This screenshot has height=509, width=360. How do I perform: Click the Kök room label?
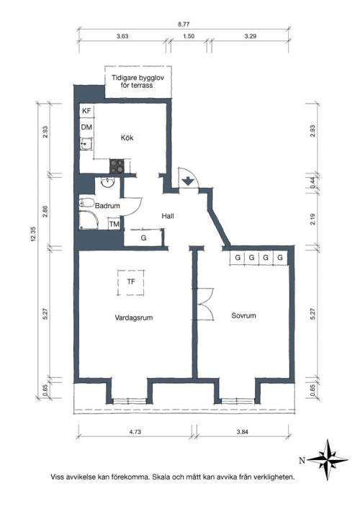pyautogui.click(x=127, y=138)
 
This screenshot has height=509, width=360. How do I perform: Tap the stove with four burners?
pyautogui.click(x=117, y=166)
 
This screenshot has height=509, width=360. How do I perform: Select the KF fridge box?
pyautogui.click(x=86, y=111)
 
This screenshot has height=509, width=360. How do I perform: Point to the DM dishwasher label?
pyautogui.click(x=86, y=127)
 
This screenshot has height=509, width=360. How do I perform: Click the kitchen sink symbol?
pyautogui.click(x=86, y=144)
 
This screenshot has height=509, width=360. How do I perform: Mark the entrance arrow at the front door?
pyautogui.click(x=187, y=181)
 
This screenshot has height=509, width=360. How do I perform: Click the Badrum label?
pyautogui.click(x=107, y=205)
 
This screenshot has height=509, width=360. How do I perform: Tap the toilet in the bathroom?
pyautogui.click(x=86, y=203)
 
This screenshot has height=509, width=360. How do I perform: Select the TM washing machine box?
pyautogui.click(x=114, y=224)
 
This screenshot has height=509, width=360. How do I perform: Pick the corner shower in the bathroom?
pyautogui.click(x=89, y=220)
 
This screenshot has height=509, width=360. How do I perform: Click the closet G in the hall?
pyautogui.click(x=143, y=238)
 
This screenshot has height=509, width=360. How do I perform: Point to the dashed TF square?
pyautogui.click(x=131, y=282)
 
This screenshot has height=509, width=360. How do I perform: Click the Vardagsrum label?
pyautogui.click(x=134, y=317)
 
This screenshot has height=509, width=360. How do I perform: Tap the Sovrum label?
pyautogui.click(x=243, y=315)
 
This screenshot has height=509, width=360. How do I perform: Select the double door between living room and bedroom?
pyautogui.click(x=204, y=304)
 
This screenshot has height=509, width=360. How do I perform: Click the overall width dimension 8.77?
pyautogui.click(x=184, y=24)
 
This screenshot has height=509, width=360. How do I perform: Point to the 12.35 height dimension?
pyautogui.click(x=34, y=233)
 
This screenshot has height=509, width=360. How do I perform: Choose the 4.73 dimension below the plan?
pyautogui.click(x=135, y=432)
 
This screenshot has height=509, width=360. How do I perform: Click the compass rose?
pyautogui.click(x=327, y=459)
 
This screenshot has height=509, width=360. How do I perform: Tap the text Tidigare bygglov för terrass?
pyautogui.click(x=138, y=81)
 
